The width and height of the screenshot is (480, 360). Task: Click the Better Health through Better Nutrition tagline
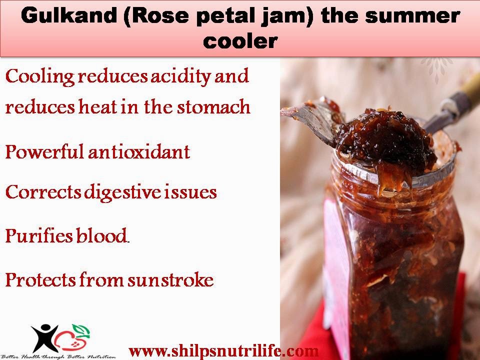[x=58, y=356]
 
